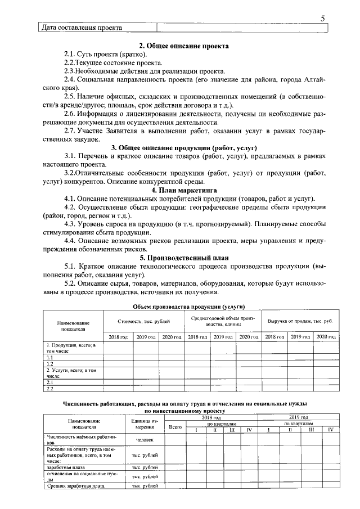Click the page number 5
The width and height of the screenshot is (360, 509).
[323, 18]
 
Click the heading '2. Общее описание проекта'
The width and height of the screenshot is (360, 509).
[184, 46]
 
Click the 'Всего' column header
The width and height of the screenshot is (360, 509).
[175, 428]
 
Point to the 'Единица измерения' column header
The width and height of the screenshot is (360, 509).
[145, 424]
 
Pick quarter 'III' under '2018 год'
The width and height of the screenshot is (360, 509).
[232, 430]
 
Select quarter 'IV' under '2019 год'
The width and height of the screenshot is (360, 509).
[331, 430]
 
